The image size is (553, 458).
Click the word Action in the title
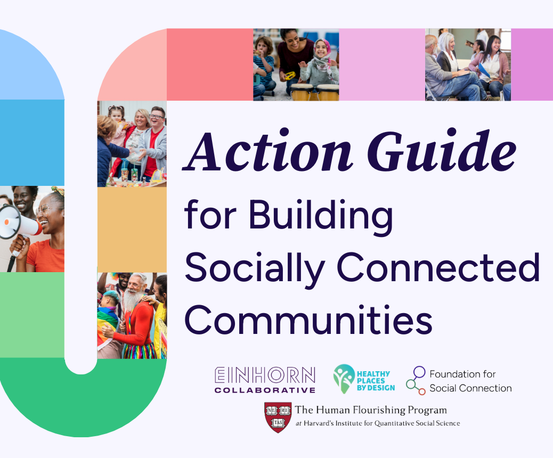(x=267, y=151)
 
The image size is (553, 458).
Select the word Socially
(x=255, y=267)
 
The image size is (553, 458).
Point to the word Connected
(x=438, y=267)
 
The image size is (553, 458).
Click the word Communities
(x=308, y=320)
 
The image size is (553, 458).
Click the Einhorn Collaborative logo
(x=265, y=380)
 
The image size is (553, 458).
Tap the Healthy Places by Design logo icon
(x=344, y=379)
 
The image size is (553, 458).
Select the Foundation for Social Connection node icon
(x=416, y=380)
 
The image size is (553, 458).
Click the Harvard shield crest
(x=278, y=418)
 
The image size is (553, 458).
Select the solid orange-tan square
(x=132, y=230)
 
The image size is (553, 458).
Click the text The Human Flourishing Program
(x=371, y=410)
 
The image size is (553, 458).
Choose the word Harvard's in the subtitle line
(x=319, y=423)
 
